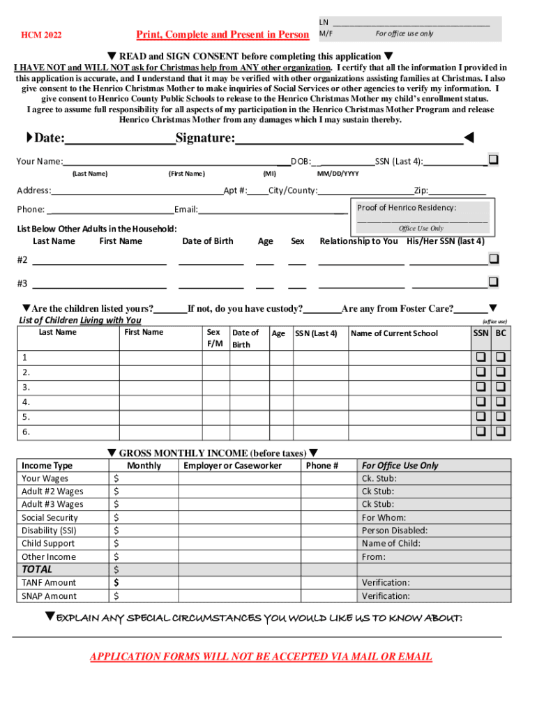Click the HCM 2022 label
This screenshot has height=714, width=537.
pyautogui.click(x=41, y=35)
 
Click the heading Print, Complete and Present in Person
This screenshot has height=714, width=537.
pyautogui.click(x=222, y=34)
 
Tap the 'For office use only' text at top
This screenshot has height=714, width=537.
pyautogui.click(x=404, y=33)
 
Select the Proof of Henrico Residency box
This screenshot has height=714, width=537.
pyautogui.click(x=422, y=218)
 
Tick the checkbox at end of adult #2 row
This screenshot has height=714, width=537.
pyautogui.click(x=494, y=259)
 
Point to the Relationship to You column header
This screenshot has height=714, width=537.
pyautogui.click(x=358, y=241)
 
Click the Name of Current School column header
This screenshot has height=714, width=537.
pyautogui.click(x=394, y=333)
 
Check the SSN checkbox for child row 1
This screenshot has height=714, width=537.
pyautogui.click(x=481, y=357)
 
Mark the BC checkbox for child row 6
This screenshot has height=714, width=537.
pyautogui.click(x=500, y=432)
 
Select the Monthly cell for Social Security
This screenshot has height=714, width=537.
pyautogui.click(x=144, y=517)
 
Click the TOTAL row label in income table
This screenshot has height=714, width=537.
pyautogui.click(x=37, y=569)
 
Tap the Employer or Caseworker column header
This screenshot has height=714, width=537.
pyautogui.click(x=232, y=466)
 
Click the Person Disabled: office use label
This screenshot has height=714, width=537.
pyautogui.click(x=394, y=531)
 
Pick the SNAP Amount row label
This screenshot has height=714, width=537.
pyautogui.click(x=49, y=596)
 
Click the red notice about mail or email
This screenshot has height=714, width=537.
pyautogui.click(x=261, y=656)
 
